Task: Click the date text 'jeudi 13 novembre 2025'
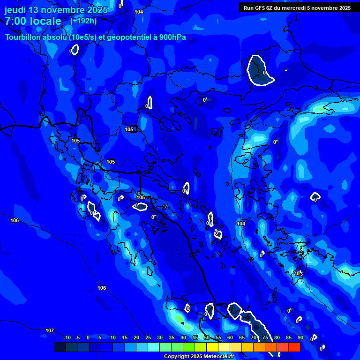pos(56,10)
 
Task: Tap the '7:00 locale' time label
pos(33,21)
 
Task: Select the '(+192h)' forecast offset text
pos(83,21)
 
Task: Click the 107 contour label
pos(50,330)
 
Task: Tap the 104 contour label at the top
pos(139,12)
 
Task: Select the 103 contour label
pos(299,273)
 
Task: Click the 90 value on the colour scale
pos(300,337)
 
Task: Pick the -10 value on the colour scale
pos(67,337)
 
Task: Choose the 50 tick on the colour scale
pos(207,337)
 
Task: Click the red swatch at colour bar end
pos(294,347)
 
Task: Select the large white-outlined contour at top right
pos(259,71)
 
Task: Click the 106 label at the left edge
pos(15,220)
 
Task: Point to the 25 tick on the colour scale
pos(148,337)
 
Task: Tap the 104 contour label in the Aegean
pos(241,224)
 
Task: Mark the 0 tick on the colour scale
pos(88,337)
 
